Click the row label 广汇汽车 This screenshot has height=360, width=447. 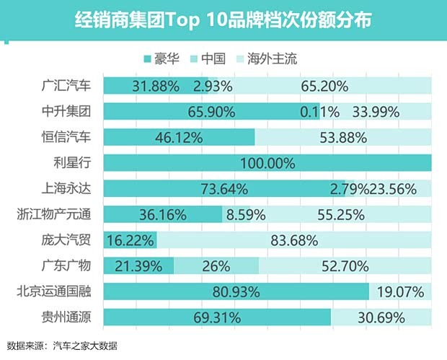tap(66, 86)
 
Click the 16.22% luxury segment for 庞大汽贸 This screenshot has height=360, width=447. tap(130, 240)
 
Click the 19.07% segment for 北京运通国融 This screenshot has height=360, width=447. tap(400, 291)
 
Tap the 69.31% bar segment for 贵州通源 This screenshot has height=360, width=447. tap(217, 317)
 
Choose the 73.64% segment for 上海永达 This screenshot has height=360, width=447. tap(223, 189)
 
